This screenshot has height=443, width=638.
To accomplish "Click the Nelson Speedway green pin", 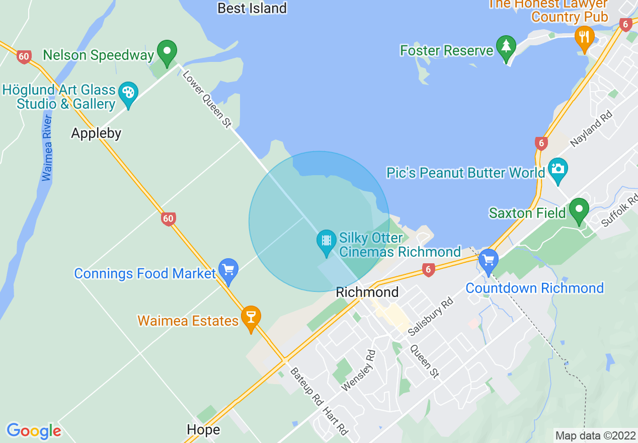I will click(167, 51).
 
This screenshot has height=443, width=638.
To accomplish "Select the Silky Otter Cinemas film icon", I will click(327, 240).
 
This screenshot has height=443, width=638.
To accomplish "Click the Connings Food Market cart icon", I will click(228, 269).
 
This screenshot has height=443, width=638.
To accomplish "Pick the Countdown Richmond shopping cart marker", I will click(488, 260).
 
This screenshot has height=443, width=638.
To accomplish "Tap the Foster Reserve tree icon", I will click(506, 46).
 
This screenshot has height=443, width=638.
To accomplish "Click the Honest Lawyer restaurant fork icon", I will click(584, 37).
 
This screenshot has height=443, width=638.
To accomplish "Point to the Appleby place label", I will click(96, 133).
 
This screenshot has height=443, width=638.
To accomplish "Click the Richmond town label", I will click(367, 292).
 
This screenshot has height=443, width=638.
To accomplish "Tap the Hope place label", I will click(203, 429).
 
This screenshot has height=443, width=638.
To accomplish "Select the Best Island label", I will click(252, 8).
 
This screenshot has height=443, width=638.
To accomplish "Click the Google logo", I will click(34, 431).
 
